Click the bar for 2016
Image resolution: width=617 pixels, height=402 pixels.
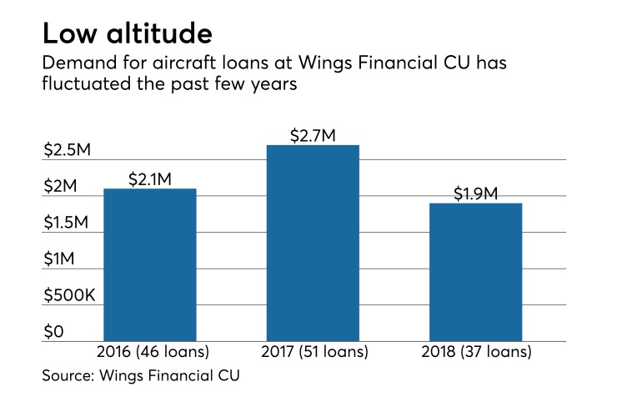tap(149, 264)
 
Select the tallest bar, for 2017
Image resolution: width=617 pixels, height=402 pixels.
tap(313, 243)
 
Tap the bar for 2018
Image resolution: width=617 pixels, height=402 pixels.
tap(475, 272)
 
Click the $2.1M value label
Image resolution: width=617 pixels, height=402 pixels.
tap(150, 178)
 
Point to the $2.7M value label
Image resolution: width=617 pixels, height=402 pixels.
tap(313, 135)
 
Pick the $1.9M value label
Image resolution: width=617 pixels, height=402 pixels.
tap(475, 193)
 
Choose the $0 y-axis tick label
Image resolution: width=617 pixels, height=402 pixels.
tap(53, 332)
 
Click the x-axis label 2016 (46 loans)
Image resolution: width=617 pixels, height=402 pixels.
tap(149, 353)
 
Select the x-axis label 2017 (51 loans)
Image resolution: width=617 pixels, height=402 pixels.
tap(313, 353)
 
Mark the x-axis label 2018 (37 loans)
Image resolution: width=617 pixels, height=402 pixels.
tap(475, 353)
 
